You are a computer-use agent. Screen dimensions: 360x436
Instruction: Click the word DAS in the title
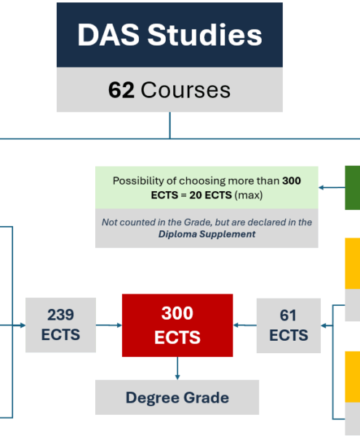108,35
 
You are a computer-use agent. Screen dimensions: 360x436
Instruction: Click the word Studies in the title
205,35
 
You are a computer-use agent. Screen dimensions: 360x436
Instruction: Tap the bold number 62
121,90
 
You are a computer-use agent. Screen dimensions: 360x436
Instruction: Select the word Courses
185,90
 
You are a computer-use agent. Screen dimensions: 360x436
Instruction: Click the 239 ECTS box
60,325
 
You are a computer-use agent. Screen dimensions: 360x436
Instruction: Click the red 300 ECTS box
177,325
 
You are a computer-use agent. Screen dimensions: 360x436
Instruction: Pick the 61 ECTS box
289,326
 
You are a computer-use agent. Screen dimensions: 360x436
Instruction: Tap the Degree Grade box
177,397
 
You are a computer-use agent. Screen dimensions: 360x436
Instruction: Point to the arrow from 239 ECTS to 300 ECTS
109,325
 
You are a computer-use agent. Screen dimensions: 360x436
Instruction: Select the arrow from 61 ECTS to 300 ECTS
245,325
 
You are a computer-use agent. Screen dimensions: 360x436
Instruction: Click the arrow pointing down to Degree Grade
177,368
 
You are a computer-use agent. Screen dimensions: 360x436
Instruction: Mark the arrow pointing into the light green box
332,187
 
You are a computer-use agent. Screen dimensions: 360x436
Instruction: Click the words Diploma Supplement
207,234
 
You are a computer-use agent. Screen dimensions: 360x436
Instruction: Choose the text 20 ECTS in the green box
211,195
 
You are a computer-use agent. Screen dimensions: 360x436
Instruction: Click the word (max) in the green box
249,195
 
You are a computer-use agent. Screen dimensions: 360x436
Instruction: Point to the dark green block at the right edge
353,187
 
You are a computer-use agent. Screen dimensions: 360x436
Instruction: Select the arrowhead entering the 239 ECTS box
23,326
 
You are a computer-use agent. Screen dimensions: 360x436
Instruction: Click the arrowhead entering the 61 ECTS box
324,326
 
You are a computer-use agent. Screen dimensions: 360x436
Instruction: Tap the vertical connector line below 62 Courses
170,125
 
